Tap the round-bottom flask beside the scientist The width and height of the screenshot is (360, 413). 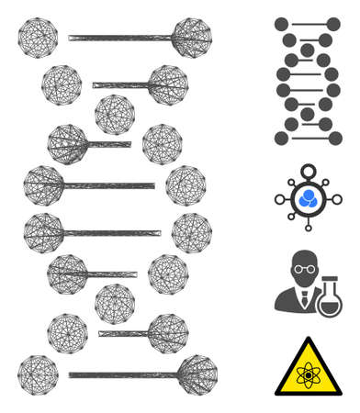328,299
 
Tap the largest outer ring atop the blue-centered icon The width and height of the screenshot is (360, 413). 308,171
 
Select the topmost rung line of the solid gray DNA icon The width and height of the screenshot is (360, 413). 307,24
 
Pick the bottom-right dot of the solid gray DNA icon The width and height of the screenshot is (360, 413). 332,138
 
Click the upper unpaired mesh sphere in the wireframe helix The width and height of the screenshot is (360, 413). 115,114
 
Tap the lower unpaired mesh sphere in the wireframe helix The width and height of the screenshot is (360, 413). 115,303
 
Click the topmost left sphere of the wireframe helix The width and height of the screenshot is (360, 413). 38,38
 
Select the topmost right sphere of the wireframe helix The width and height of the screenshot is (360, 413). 191,38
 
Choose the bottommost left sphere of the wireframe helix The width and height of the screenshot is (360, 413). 38,374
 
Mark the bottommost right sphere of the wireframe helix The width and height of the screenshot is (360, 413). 196,374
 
